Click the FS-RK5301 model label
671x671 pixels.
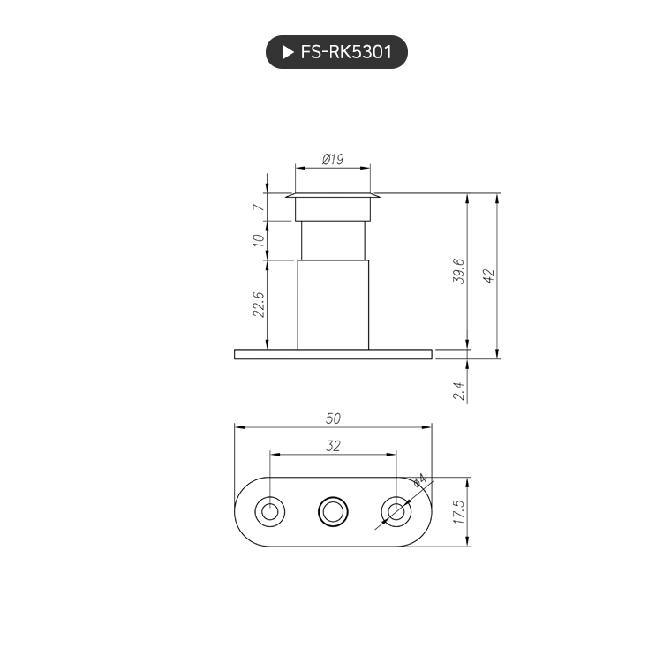[x=345, y=52]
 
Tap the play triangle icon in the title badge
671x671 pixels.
[x=287, y=52]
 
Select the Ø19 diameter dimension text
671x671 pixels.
[x=333, y=159]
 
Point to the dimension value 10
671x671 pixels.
[x=258, y=239]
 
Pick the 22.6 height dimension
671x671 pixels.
[x=258, y=305]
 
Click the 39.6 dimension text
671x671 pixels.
[x=457, y=275]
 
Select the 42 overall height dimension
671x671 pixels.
[x=487, y=275]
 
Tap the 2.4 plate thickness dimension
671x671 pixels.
[x=457, y=391]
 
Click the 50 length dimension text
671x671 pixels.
[x=333, y=418]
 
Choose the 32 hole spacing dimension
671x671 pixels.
[x=333, y=447]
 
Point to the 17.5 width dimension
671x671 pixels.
[x=457, y=512]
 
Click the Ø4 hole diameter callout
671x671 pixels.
[x=419, y=482]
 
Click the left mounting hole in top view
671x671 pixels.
[x=269, y=511]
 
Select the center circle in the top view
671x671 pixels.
[x=333, y=511]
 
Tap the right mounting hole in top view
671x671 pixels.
[x=396, y=511]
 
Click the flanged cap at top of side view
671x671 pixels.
[x=333, y=196]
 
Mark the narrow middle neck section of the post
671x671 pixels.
[x=333, y=240]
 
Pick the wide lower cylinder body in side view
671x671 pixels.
[x=333, y=305]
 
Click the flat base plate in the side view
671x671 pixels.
[x=333, y=354]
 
